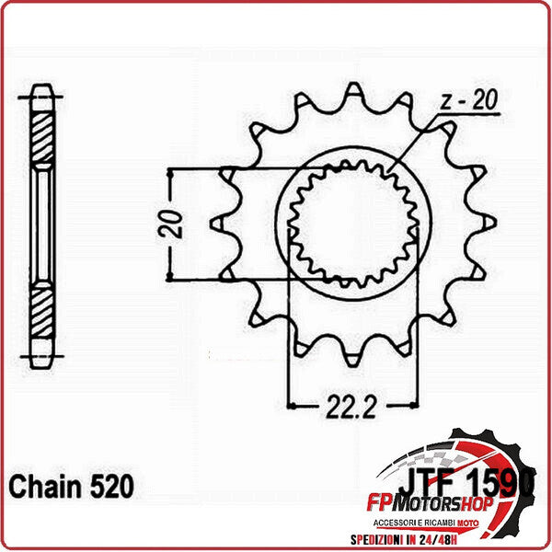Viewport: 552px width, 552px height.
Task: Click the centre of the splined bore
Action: tap(354, 223)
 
